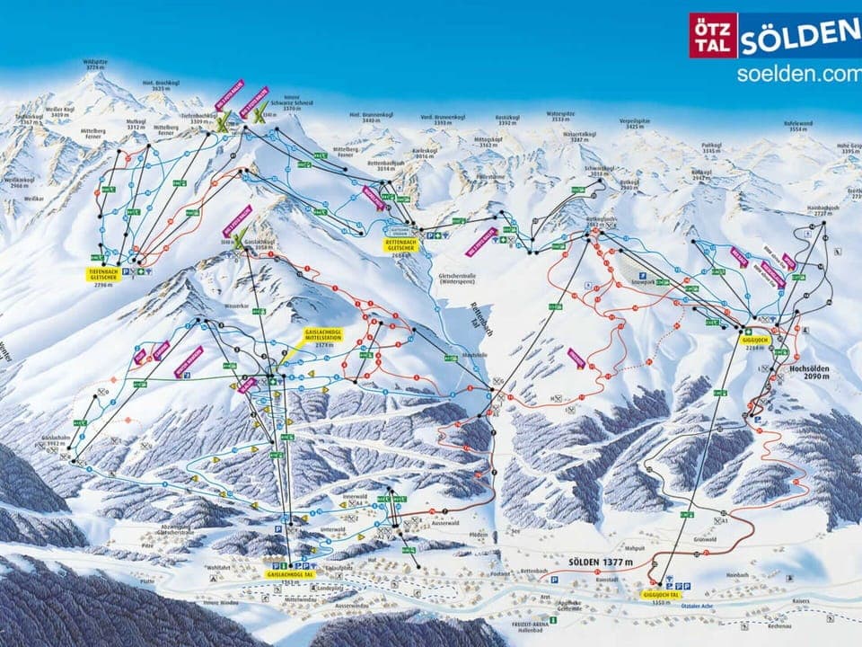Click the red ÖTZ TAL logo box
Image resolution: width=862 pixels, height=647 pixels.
[713, 35]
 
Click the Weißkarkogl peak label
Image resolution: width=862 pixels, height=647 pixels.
[19, 182]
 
